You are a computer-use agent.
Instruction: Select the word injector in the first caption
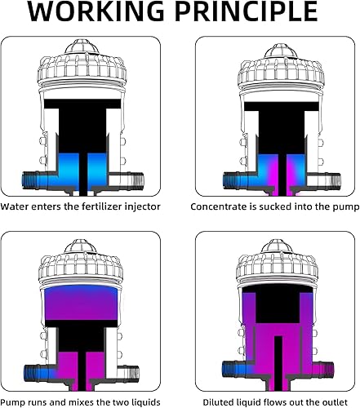pyautogui.click(x=139, y=207)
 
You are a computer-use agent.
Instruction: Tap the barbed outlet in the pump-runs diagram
pyautogui.click(x=133, y=369)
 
